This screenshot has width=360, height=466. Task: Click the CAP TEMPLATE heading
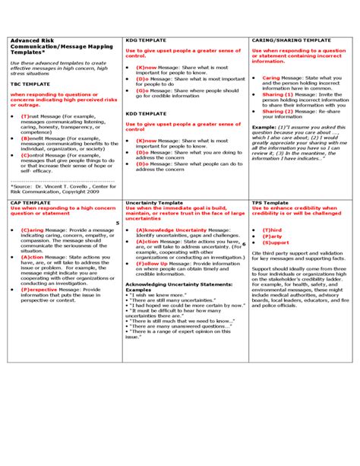point(28,203)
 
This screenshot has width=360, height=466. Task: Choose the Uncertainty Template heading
point(153,203)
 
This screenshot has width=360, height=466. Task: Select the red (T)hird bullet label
point(272,229)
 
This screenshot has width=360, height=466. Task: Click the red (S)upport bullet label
point(275,243)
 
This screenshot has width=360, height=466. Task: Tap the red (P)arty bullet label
point(272,236)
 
